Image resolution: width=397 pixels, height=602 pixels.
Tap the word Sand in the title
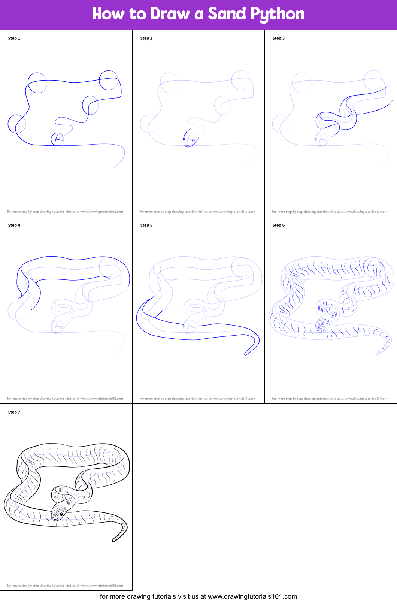coord(227,13)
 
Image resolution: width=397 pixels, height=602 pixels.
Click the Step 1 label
coord(14,38)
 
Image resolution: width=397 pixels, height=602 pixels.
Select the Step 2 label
coord(146,38)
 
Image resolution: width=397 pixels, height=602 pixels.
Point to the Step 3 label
coord(278,38)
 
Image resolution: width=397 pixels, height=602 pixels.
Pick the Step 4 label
coord(14,225)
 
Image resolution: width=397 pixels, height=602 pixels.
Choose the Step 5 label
coord(146,225)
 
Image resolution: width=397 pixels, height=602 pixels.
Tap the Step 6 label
coord(278,225)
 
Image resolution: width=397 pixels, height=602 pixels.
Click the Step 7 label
coord(14,412)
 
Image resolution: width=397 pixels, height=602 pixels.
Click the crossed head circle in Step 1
coord(57,139)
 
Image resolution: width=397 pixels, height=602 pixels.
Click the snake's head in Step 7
coord(59,513)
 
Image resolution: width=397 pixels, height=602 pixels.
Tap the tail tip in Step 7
coord(113,541)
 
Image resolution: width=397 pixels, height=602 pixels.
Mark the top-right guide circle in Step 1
coord(109,81)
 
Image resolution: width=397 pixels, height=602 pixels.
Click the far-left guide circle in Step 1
coord(16,124)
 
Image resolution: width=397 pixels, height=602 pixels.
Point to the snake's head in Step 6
coord(324,325)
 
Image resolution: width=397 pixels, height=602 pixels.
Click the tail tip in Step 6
coord(378,354)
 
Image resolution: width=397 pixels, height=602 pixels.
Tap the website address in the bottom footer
coord(252,596)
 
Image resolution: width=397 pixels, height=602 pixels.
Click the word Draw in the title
coord(170,13)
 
